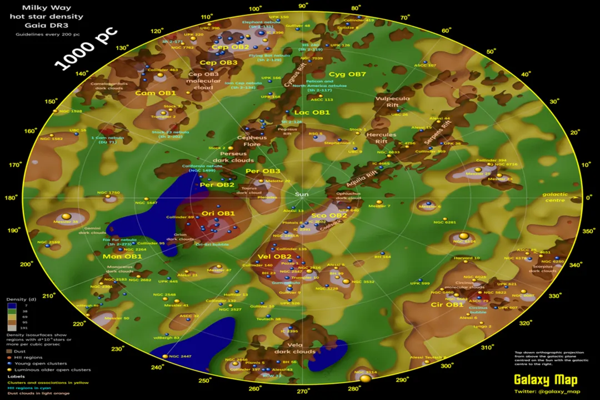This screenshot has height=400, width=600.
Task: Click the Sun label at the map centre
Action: [x=302, y=194]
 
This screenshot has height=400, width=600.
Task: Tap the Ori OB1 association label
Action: [x=218, y=213]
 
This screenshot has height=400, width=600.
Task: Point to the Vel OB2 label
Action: [x=274, y=257]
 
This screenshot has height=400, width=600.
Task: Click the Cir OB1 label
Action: [x=447, y=304]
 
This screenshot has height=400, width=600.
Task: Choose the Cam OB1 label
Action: [x=156, y=93]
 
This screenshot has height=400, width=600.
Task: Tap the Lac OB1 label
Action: [x=312, y=112]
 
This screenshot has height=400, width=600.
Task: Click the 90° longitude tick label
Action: [x=303, y=6]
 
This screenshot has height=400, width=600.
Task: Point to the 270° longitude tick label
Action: [x=303, y=392]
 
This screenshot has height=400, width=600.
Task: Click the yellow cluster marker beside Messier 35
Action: [x=66, y=216]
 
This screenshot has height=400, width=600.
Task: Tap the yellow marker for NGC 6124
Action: [x=464, y=236]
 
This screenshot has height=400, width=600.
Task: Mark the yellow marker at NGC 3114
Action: [x=366, y=379]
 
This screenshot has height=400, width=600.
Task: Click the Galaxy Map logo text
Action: [x=545, y=381]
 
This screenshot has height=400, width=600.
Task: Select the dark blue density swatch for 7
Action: [x=12, y=306]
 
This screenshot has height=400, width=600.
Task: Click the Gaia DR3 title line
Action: [x=46, y=26]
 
